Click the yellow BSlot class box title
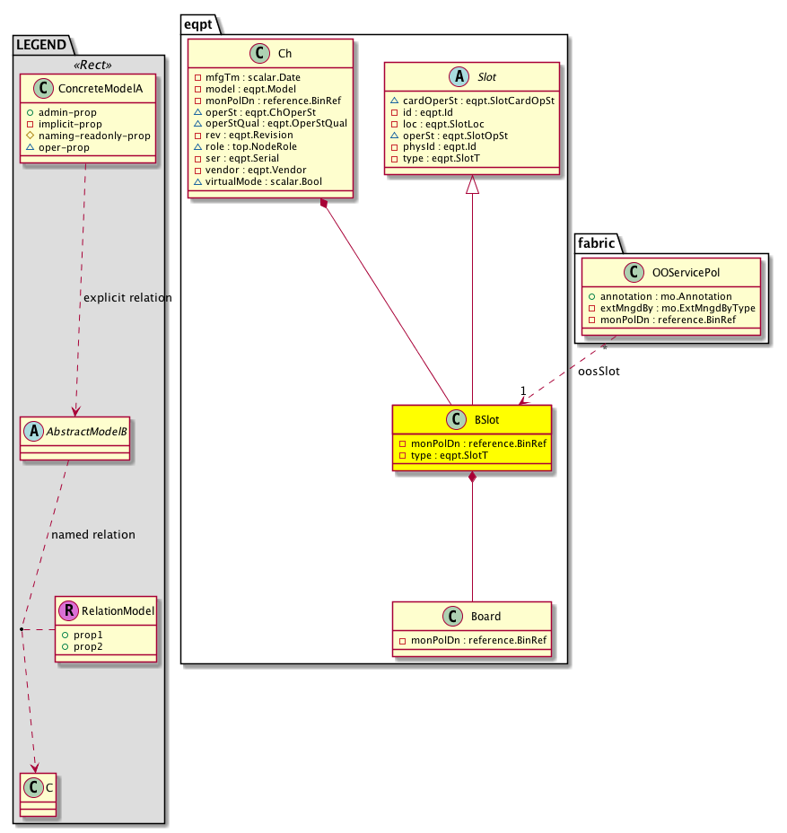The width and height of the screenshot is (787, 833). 486,419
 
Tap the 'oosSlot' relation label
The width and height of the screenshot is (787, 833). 598,370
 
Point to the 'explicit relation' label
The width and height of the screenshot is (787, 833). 127,297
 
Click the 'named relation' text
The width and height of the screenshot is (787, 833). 93,534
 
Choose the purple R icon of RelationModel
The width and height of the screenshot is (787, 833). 69,611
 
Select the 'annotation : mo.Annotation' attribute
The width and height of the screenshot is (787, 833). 664,296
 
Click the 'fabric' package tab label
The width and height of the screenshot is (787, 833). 596,241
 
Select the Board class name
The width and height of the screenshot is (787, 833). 485,617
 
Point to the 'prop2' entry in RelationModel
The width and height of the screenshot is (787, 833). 88,646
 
